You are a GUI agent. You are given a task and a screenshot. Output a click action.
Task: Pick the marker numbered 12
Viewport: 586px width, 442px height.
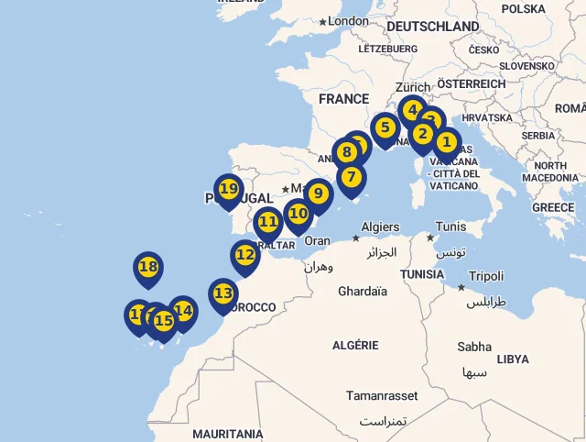click(245, 255)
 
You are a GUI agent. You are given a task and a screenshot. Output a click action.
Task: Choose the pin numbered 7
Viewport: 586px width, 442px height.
click(352, 177)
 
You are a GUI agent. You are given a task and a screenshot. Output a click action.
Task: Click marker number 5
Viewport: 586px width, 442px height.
click(385, 127)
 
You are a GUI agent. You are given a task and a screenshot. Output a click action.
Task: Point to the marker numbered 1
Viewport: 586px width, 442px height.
click(446, 142)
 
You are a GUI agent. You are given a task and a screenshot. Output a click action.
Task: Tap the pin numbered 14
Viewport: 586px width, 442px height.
click(183, 311)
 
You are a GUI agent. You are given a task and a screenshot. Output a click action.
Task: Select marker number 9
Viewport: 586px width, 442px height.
click(318, 194)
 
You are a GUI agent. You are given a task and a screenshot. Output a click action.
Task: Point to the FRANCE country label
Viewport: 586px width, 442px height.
click(343, 99)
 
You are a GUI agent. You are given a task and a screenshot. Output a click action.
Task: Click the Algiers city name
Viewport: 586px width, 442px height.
click(380, 227)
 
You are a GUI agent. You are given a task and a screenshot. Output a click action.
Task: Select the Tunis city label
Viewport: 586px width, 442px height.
click(450, 227)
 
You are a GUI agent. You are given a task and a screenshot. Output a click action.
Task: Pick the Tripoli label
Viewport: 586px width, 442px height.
click(486, 276)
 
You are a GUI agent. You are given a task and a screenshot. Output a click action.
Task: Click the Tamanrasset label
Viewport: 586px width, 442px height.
click(381, 395)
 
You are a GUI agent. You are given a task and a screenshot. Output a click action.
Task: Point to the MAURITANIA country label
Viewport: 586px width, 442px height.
click(227, 434)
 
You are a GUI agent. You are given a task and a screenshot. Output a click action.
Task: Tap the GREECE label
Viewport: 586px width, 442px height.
click(552, 208)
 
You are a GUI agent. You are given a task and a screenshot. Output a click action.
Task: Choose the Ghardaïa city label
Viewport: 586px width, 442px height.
click(363, 292)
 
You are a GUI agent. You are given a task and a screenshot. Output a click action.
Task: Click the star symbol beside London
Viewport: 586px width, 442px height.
click(322, 21)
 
